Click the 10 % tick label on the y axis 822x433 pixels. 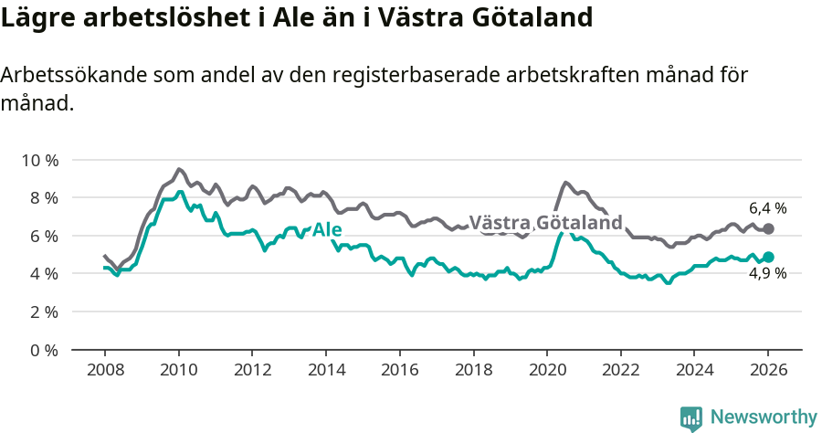click(x=39, y=160)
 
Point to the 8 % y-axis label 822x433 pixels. click(x=43, y=197)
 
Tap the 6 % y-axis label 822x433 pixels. click(x=43, y=236)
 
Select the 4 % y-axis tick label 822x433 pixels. click(x=43, y=273)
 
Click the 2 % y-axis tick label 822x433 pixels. click(x=43, y=312)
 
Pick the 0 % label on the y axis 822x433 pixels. click(x=43, y=350)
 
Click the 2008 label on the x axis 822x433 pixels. click(x=104, y=370)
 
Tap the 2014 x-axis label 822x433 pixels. click(x=325, y=370)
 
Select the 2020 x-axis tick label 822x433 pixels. click(x=546, y=370)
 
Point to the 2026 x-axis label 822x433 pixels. click(x=767, y=370)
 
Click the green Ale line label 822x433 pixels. click(x=327, y=229)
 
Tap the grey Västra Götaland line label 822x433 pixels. click(x=545, y=223)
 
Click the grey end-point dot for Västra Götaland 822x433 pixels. click(x=768, y=228)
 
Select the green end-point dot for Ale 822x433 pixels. click(x=768, y=258)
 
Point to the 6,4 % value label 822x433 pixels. click(x=767, y=208)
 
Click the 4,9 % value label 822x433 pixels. click(x=767, y=273)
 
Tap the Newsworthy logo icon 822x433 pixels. click(x=691, y=417)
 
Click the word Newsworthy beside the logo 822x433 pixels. click(x=763, y=417)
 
